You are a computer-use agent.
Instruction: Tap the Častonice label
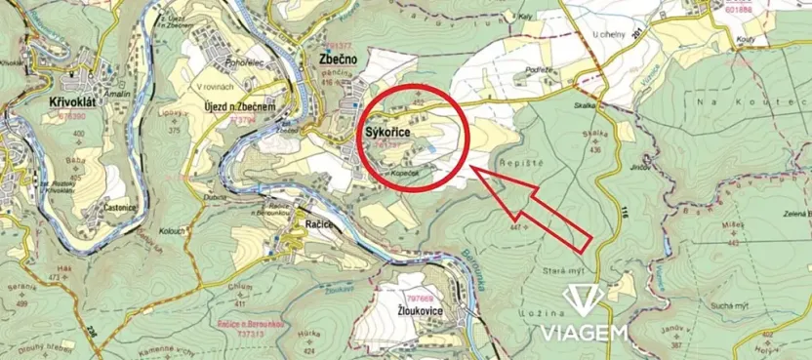coord(117,208)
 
